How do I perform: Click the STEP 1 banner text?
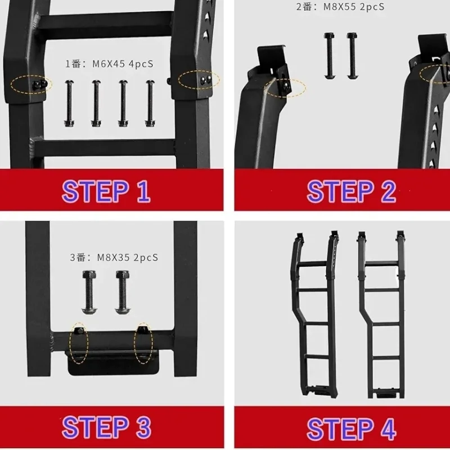click(x=106, y=191)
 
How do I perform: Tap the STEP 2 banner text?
click(x=351, y=191)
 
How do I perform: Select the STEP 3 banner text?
click(x=106, y=427)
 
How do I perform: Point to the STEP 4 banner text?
click(x=351, y=429)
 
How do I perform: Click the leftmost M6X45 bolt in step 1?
click(x=69, y=103)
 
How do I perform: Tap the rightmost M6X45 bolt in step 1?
click(x=150, y=103)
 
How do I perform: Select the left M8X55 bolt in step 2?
click(x=329, y=56)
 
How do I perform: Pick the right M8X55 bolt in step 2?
click(x=352, y=56)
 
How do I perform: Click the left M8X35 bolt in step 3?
click(x=89, y=292)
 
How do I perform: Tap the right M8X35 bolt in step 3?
click(x=123, y=292)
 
